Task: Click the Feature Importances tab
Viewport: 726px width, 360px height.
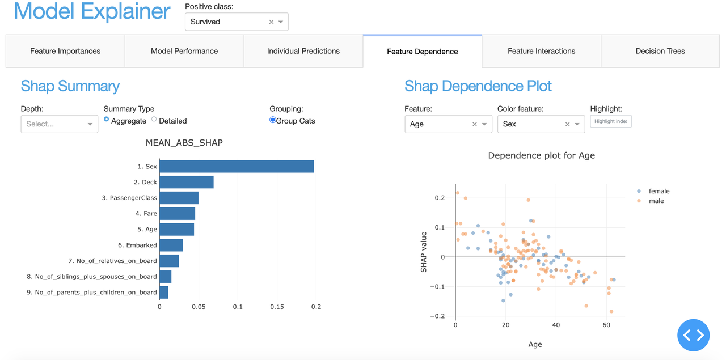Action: (65, 51)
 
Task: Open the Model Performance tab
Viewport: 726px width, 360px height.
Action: (184, 51)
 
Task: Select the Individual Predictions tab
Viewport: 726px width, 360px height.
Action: (303, 51)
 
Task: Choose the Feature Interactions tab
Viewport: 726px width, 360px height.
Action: (541, 51)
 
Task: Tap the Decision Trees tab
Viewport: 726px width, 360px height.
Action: (660, 51)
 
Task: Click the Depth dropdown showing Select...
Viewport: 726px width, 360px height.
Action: (59, 124)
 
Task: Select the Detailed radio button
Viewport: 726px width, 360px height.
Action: (154, 120)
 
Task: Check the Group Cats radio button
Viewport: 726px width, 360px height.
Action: (273, 120)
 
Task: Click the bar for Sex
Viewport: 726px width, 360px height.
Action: (237, 166)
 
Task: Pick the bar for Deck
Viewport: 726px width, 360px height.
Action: (187, 182)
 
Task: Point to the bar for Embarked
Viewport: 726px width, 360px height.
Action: (171, 245)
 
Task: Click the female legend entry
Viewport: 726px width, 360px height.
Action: (659, 192)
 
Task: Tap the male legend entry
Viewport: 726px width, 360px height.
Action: (656, 201)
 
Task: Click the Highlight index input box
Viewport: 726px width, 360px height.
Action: (611, 121)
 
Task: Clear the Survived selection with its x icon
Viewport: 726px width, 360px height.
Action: (271, 22)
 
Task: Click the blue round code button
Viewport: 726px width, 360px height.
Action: (694, 335)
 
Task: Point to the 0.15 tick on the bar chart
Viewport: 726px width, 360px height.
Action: (277, 307)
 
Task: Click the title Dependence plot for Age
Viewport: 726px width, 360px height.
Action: (541, 155)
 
